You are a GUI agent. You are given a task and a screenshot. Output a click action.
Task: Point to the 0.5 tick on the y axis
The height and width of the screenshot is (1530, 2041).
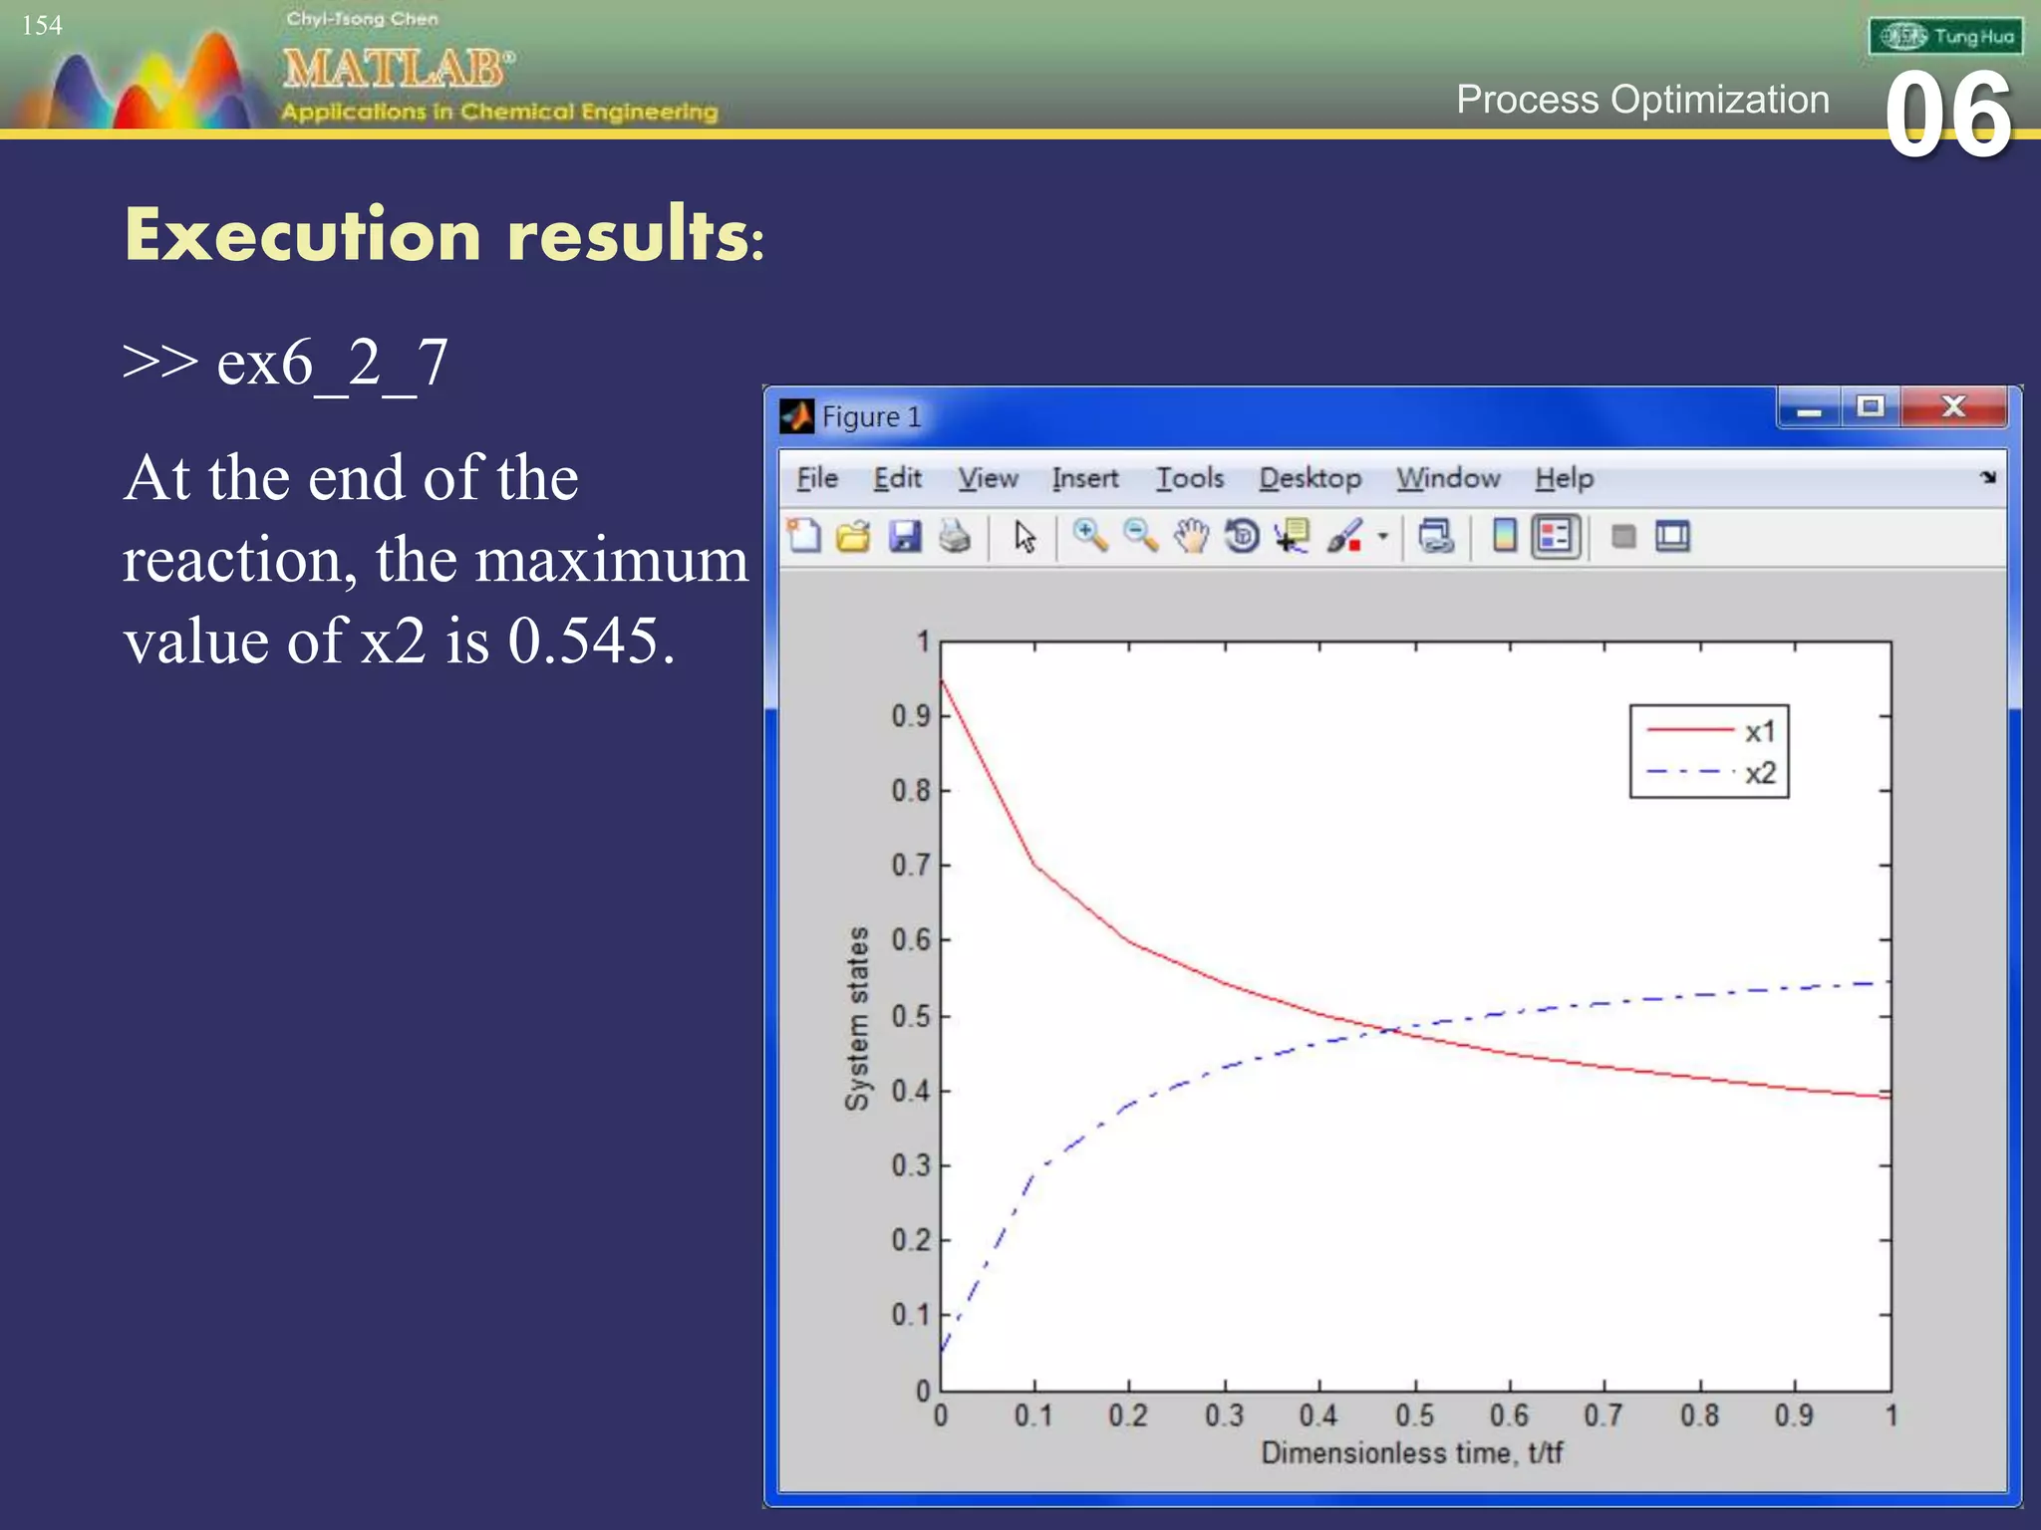coord(910,1017)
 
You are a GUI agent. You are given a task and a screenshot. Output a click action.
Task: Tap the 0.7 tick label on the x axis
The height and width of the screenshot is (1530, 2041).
coord(1603,1415)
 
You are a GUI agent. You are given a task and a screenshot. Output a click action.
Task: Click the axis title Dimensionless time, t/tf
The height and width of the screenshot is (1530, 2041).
coord(1411,1453)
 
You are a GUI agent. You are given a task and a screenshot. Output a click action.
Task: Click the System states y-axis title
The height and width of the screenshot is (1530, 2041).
coord(857,1018)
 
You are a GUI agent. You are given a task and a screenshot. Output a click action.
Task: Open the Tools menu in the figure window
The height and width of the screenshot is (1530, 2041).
coord(1189,479)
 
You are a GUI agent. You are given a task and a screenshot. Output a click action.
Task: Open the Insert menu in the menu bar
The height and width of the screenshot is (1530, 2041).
coord(1085,479)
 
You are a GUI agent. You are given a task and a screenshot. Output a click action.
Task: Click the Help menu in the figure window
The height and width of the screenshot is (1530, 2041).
coord(1564,479)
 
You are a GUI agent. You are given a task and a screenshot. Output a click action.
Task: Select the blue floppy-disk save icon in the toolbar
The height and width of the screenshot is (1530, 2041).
coord(905,537)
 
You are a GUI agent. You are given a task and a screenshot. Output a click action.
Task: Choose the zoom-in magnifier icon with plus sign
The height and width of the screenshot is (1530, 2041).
coord(1089,536)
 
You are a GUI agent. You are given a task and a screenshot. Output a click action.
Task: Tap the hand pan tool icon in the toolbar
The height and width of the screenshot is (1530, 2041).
coord(1191,537)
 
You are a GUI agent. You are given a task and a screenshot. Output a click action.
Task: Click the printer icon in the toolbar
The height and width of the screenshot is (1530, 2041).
coord(955,537)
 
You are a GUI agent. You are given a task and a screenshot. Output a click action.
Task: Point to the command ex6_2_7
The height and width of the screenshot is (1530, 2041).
coord(332,364)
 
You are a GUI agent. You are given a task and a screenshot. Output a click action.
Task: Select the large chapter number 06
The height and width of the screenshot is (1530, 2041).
coord(1948,117)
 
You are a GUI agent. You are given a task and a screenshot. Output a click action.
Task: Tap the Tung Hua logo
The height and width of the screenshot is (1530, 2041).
coord(1945,37)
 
